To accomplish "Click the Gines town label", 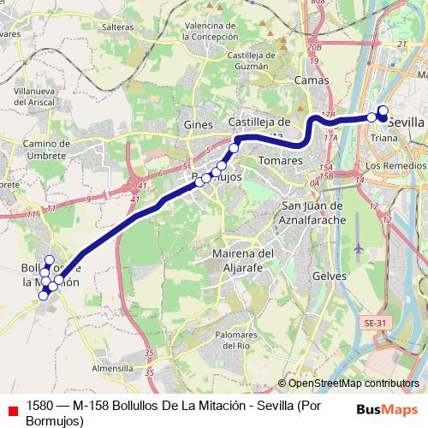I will pyautogui.click(x=198, y=125).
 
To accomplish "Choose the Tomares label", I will pyautogui.click(x=280, y=160).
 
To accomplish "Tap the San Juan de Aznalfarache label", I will pyautogui.click(x=312, y=212).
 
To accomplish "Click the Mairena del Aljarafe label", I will pyautogui.click(x=242, y=259).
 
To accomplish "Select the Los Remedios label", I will pyautogui.click(x=395, y=164).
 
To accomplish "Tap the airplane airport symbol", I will pyautogui.click(x=357, y=249).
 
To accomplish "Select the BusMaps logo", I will pyautogui.click(x=388, y=408).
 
